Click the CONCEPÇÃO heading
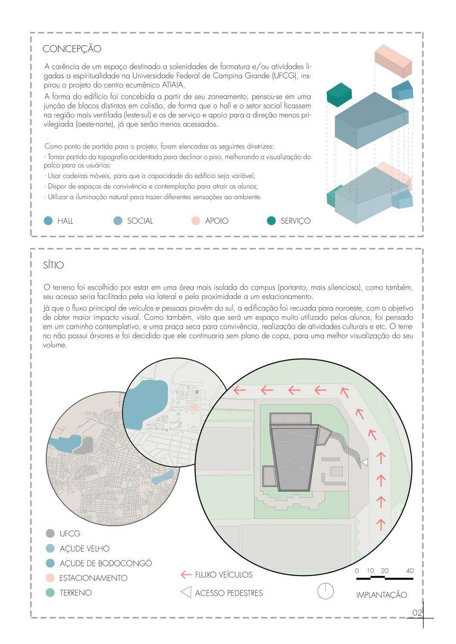pos(72,49)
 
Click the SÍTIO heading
pos(53,265)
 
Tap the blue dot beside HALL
pos(48,221)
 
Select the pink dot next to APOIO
pos(195,221)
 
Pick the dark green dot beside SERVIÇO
pos(271,221)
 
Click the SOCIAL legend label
pos(140,221)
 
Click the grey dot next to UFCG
pos(50,533)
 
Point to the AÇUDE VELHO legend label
pos(84,548)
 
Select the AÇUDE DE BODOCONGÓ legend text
pos(105,563)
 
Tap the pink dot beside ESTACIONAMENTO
pos(50,578)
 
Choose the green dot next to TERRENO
pos(50,592)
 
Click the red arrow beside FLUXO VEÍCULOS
pos(186,575)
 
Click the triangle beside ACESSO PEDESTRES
pos(186,592)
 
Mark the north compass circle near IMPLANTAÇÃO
pos(326,591)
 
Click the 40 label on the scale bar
pos(409,571)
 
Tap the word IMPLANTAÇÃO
pos(382,595)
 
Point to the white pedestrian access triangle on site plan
pos(365,462)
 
